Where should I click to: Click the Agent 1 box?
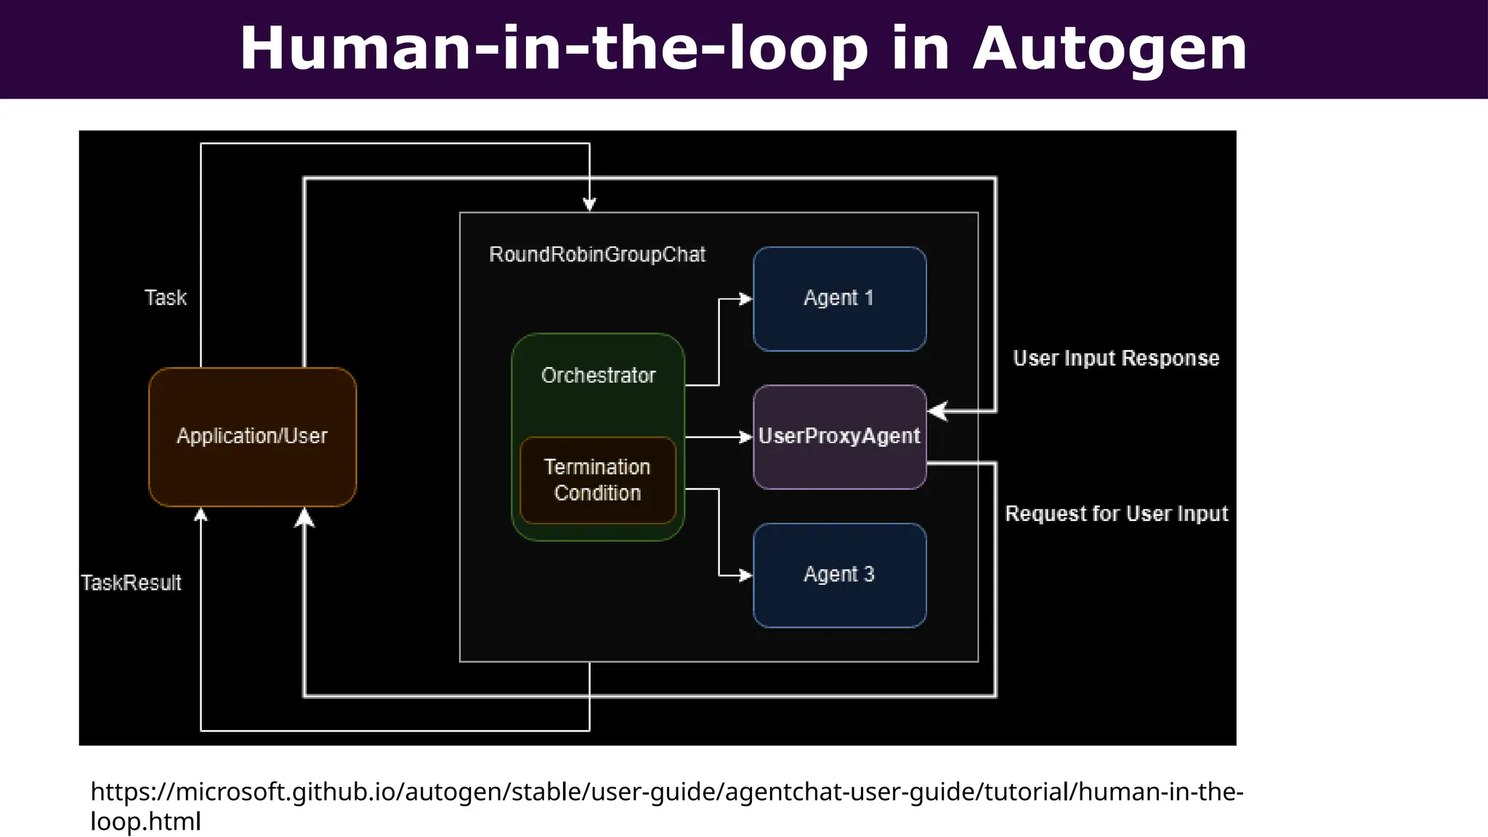click(839, 299)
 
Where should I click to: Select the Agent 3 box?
click(839, 575)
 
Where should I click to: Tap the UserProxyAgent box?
click(839, 437)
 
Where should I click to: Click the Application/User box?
click(252, 437)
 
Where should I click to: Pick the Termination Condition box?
click(597, 480)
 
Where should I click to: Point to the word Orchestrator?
click(598, 376)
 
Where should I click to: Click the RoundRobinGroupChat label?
click(597, 255)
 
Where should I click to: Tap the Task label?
click(166, 298)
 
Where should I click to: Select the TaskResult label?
click(131, 583)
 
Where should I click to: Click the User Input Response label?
click(1116, 358)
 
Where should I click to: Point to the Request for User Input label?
click(1116, 514)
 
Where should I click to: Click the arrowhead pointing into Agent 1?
click(746, 299)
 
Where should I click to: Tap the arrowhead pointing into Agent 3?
click(746, 575)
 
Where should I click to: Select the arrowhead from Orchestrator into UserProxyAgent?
click(746, 437)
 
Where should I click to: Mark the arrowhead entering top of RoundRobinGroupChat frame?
click(589, 206)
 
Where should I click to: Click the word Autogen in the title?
click(1109, 48)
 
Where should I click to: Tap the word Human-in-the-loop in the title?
click(554, 48)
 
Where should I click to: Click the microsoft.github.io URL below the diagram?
click(667, 791)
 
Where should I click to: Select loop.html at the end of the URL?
click(145, 822)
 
